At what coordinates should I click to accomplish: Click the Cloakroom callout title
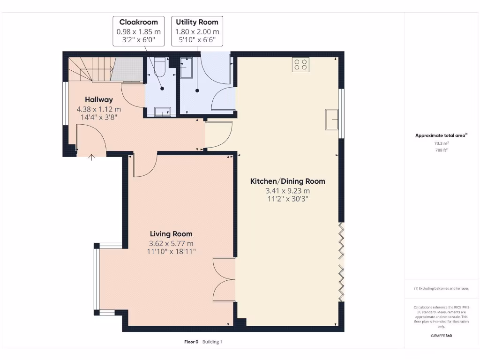[138, 22]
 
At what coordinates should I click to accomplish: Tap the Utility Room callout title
[197, 22]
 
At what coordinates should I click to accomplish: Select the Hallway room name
[98, 99]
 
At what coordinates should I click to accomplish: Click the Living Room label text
[171, 234]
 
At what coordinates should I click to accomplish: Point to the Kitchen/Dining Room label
[287, 181]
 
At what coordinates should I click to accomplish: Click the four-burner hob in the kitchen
[300, 64]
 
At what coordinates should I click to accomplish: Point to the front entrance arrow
[92, 158]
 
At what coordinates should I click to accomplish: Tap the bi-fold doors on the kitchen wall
[342, 262]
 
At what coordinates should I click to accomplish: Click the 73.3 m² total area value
[441, 143]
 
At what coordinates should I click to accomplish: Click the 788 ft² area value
[441, 150]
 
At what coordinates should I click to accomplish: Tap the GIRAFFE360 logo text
[442, 336]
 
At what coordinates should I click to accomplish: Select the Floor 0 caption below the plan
[191, 342]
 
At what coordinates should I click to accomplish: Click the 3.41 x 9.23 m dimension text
[287, 191]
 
